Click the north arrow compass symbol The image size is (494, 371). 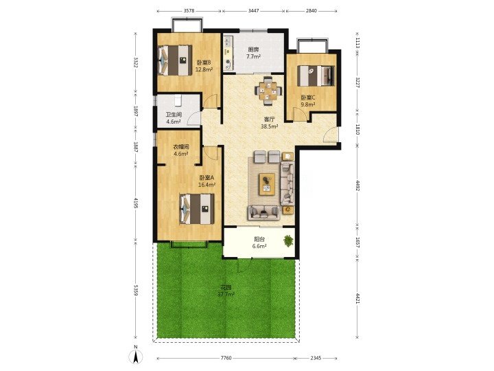coord(136,357)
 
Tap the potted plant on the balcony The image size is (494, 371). coord(288,240)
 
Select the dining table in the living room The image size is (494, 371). coord(268,91)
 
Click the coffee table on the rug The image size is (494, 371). coord(267,184)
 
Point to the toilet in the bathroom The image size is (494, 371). coord(178,100)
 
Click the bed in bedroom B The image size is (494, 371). coord(175,60)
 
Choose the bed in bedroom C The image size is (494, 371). coord(316,76)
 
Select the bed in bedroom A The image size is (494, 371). coord(197,209)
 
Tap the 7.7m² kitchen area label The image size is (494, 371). coord(253,57)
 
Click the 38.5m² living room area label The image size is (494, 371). coord(270,126)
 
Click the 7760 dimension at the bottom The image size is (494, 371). coord(226,358)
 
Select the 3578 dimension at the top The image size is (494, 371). coord(189,10)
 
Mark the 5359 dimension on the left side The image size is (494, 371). coord(136,290)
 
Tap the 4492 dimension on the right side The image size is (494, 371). coord(357,185)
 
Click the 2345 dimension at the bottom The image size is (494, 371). coord(316,358)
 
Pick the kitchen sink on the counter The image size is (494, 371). coord(228,41)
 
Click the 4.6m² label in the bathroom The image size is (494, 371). coord(174,122)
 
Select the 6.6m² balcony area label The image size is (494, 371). coord(259,247)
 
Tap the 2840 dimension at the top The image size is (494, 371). coord(311,10)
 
